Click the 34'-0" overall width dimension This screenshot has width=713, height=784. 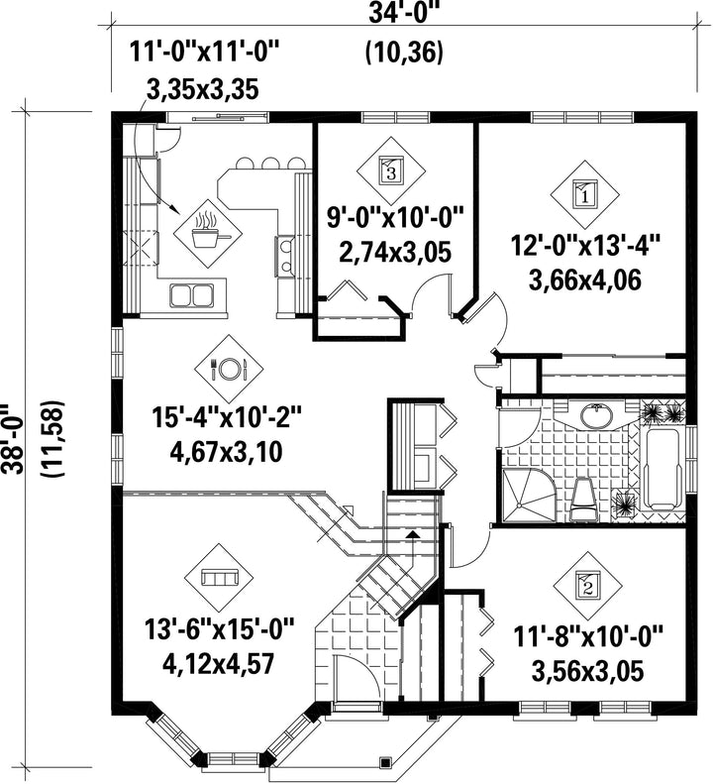(x=403, y=14)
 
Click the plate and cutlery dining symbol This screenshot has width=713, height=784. (x=229, y=369)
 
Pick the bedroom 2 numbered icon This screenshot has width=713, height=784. (x=587, y=585)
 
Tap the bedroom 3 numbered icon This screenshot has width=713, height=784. (x=391, y=171)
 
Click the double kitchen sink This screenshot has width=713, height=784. (x=191, y=295)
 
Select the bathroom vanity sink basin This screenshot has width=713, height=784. (x=596, y=414)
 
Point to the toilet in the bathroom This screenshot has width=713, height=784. (x=583, y=500)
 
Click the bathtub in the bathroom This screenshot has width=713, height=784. (x=662, y=470)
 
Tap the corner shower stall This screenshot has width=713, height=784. (x=528, y=495)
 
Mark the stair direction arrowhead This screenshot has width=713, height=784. (x=412, y=534)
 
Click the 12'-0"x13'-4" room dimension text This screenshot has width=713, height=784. (x=585, y=247)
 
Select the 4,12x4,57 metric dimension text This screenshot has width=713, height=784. (x=218, y=663)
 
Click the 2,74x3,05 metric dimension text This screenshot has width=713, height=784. (x=395, y=252)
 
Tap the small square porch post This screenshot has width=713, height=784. (x=385, y=763)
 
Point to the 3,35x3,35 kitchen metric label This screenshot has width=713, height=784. (x=202, y=90)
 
